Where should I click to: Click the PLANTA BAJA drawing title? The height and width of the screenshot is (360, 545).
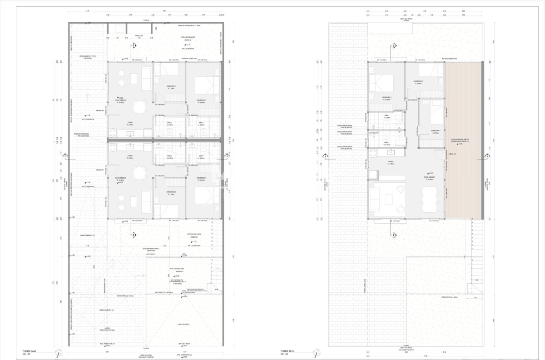(30, 351)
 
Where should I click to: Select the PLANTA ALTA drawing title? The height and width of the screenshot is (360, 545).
(288, 351)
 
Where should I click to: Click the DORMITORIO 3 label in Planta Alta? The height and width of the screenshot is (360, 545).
(436, 133)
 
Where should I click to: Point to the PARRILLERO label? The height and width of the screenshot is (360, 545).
(139, 35)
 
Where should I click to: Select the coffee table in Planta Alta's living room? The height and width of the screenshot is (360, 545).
(389, 199)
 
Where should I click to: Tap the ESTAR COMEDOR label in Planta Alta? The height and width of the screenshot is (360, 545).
(429, 178)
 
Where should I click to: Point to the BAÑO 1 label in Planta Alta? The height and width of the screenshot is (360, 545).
(386, 116)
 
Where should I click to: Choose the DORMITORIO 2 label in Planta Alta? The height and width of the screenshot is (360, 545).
(418, 82)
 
